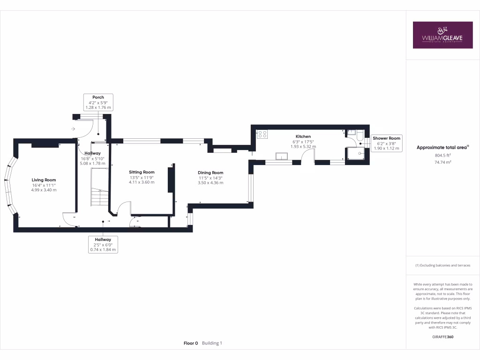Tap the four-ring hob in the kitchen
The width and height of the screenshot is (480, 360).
[262, 134]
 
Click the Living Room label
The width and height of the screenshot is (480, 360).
[44, 180]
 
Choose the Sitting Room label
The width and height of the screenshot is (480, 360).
[142, 172]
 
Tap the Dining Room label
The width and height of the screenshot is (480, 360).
[210, 172]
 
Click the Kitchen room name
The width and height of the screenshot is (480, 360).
[303, 136]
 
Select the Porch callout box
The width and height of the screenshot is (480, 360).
[98, 102]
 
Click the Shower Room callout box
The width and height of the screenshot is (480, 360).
[386, 143]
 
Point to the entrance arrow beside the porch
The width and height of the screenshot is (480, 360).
[73, 128]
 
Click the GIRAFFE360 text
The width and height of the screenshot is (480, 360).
[442, 337]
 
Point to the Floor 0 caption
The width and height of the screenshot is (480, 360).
[191, 343]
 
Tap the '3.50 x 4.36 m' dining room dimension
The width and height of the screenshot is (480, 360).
[210, 182]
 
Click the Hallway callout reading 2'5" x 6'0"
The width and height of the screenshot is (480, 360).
[103, 244]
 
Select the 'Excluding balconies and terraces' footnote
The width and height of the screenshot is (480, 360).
[442, 265]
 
